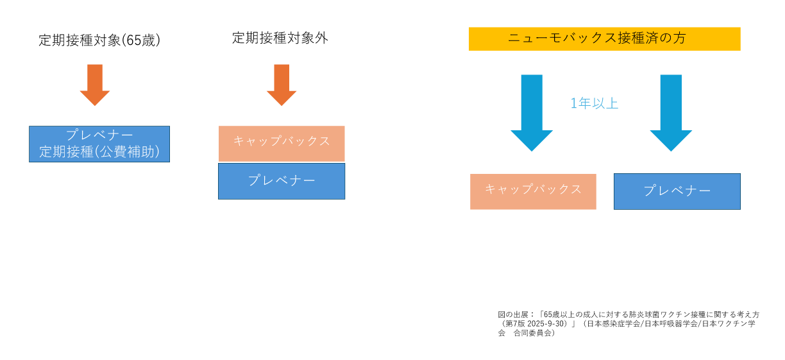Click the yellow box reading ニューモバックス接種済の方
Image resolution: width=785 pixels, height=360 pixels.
604,39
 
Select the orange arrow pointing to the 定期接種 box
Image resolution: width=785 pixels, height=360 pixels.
95,85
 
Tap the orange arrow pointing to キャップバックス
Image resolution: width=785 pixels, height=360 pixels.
282,85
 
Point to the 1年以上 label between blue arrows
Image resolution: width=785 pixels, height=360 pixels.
595,103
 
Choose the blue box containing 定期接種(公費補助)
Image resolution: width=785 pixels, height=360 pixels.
99,144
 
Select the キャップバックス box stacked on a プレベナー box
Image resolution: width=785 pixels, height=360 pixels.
282,143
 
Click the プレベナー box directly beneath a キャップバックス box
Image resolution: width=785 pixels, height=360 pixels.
282,181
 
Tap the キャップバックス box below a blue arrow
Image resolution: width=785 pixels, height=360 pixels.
533,191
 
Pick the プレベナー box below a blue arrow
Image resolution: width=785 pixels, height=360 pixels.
677,191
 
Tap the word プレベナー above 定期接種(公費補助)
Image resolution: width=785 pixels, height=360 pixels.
99,135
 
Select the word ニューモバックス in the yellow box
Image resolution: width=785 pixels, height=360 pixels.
549,39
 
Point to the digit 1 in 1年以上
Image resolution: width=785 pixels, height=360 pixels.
573,103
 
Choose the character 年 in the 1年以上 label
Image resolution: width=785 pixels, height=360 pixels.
584,103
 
